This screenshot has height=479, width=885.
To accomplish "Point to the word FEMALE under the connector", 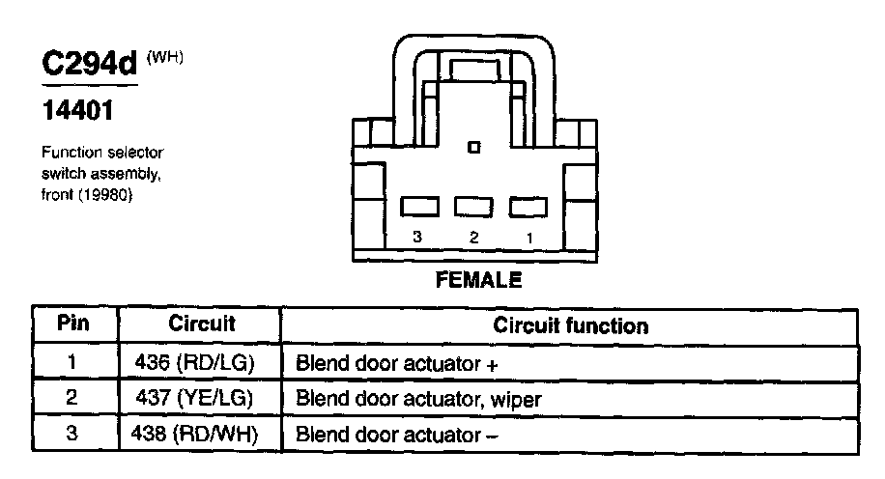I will [x=479, y=281].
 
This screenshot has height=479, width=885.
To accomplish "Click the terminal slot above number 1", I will [x=528, y=207].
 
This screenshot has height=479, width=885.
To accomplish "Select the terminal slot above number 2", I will [x=473, y=207].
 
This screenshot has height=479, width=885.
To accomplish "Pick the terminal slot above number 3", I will [x=419, y=207].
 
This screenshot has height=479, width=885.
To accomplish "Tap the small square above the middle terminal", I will [x=473, y=148].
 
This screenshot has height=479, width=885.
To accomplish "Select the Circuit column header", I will [x=202, y=324].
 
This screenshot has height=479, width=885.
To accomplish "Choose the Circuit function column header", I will [x=570, y=325].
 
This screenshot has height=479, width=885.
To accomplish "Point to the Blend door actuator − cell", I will [x=397, y=434].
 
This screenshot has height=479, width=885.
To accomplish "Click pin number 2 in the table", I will [x=72, y=398].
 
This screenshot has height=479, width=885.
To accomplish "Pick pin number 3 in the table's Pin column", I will [x=72, y=434].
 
